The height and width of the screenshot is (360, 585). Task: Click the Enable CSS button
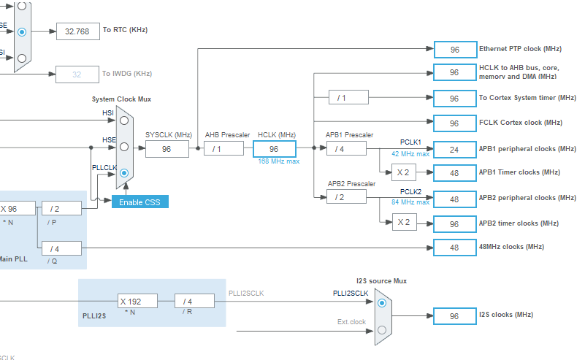[x=140, y=202]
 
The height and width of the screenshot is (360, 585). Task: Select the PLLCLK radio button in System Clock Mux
[x=124, y=173]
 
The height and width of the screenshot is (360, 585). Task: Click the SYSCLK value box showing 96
[x=167, y=149]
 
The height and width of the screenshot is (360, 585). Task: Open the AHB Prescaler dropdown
[x=222, y=149]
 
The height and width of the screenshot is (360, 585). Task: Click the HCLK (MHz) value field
[x=275, y=149]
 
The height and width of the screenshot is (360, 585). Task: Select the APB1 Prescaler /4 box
[x=345, y=149]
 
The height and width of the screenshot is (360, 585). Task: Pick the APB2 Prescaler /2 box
[x=345, y=198]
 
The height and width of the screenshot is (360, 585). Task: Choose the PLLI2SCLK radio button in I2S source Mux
[x=382, y=302]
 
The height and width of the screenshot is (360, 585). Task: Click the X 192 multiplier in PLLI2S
[x=139, y=301]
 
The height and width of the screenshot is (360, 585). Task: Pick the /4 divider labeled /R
[x=194, y=301]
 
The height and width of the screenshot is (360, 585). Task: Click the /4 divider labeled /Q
[x=61, y=248]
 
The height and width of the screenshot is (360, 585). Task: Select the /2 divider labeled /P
[x=61, y=209]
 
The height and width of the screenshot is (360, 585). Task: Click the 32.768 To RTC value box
[x=77, y=31]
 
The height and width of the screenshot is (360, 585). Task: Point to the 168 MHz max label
[x=279, y=161]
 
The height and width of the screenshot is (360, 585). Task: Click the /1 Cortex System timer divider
[x=348, y=97]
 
